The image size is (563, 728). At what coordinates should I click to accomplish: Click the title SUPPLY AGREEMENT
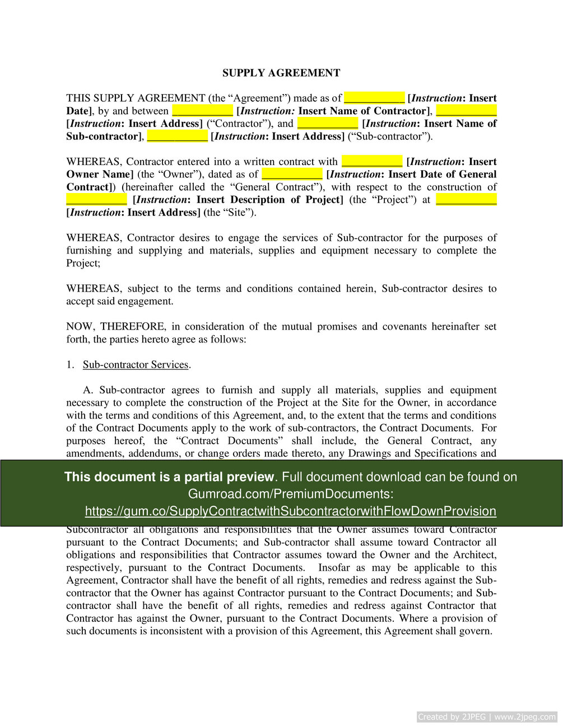pyautogui.click(x=281, y=73)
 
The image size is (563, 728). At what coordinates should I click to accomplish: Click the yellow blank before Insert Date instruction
pyautogui.click(x=374, y=98)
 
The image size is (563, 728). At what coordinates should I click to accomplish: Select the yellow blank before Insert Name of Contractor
pyautogui.click(x=202, y=111)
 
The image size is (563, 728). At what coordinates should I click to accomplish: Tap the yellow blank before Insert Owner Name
pyautogui.click(x=372, y=162)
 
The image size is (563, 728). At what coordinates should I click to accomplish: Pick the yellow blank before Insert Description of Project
pyautogui.click(x=97, y=200)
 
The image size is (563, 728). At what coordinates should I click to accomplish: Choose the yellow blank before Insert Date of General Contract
pyautogui.click(x=292, y=175)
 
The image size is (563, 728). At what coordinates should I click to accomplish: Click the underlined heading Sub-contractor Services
pyautogui.click(x=136, y=365)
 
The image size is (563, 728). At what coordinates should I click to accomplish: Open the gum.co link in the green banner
pyautogui.click(x=290, y=511)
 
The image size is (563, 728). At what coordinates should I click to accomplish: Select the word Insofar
pyautogui.click(x=334, y=568)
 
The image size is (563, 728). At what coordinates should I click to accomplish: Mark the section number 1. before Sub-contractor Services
pyautogui.click(x=70, y=365)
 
